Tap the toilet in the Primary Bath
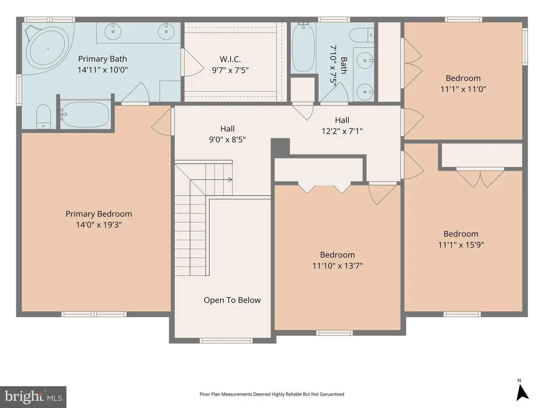click(x=43, y=116)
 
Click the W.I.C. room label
click(x=230, y=59)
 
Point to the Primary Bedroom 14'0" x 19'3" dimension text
click(x=99, y=225)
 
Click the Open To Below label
click(x=232, y=300)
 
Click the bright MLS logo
click(x=33, y=397)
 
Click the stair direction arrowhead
click(x=230, y=180)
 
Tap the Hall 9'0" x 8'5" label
click(x=227, y=134)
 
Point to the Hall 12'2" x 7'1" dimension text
click(x=342, y=131)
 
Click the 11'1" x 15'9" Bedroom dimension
click(x=461, y=245)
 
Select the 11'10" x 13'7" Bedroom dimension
click(x=337, y=266)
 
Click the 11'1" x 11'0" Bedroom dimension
click(x=463, y=89)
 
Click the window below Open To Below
click(x=226, y=341)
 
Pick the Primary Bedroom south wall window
click(x=94, y=314)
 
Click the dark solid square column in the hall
click(x=280, y=148)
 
